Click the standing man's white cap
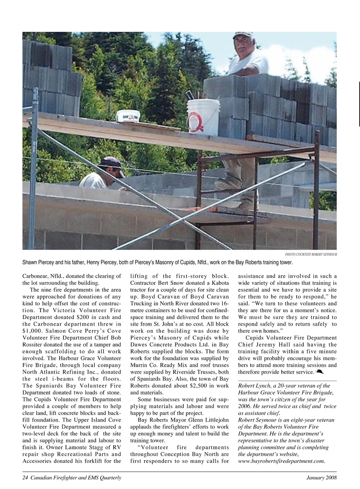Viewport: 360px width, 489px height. (243, 36)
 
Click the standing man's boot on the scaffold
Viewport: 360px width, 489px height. (227, 183)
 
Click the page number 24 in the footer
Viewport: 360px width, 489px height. (25, 477)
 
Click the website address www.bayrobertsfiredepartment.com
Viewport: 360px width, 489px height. (281, 461)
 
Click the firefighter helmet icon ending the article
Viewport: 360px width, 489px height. (319, 372)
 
